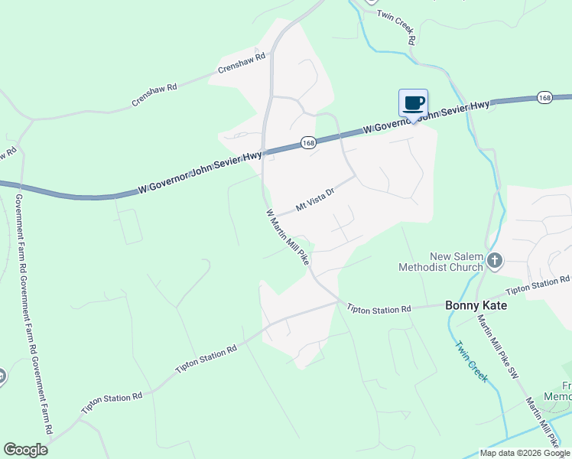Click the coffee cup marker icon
click(x=413, y=103)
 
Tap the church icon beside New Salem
click(x=494, y=262)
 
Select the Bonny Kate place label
click(x=476, y=305)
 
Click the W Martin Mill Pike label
click(x=288, y=237)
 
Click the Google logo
click(x=25, y=450)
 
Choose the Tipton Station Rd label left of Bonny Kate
click(x=379, y=309)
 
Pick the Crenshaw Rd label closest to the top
click(x=241, y=63)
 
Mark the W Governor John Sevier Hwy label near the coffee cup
click(x=427, y=117)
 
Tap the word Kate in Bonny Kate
click(x=493, y=305)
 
